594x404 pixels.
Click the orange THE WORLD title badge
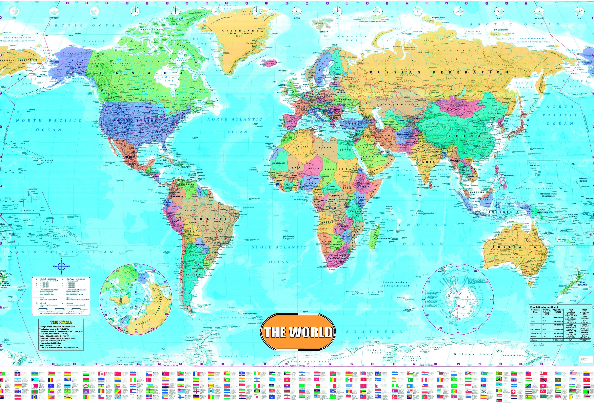pos(298,332)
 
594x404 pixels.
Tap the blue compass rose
pos(62,266)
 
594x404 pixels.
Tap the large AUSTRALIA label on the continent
pos(515,247)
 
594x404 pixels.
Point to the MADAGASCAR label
pos(383,238)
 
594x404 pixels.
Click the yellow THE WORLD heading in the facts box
pos(61,322)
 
